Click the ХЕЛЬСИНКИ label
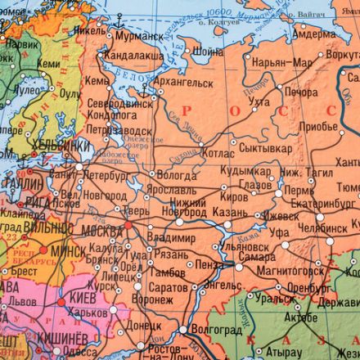click(60, 146)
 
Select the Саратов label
click(169, 288)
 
